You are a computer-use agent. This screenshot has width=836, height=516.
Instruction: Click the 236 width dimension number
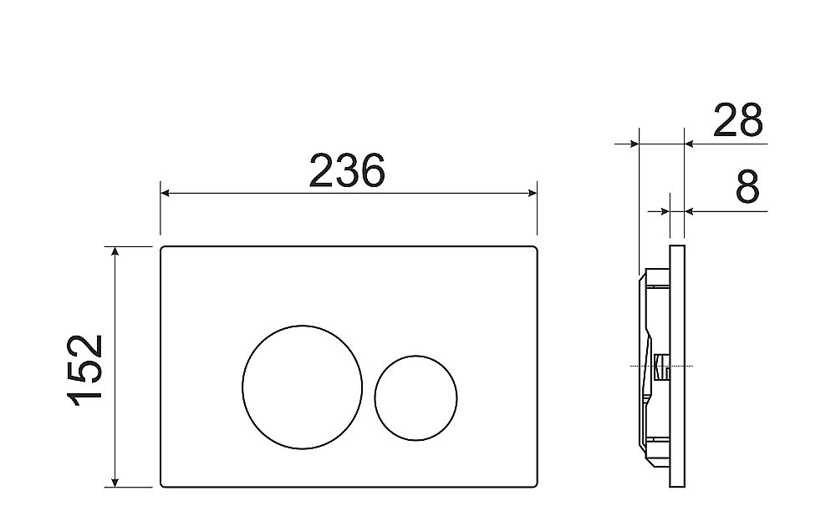(347, 171)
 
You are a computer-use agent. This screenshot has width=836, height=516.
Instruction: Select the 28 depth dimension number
(738, 122)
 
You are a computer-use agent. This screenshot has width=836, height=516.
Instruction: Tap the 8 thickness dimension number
(747, 189)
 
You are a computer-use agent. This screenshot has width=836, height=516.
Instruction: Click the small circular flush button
(416, 397)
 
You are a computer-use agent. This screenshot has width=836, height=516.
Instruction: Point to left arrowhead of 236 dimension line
(166, 194)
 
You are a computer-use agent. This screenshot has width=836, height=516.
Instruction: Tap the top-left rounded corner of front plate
(164, 250)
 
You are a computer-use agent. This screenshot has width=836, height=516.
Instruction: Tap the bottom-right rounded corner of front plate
(533, 484)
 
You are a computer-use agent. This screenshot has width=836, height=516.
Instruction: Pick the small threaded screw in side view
(661, 366)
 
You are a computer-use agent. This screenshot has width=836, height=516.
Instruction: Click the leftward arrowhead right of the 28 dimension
(691, 144)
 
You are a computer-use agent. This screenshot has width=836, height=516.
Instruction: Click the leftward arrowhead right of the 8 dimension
(691, 210)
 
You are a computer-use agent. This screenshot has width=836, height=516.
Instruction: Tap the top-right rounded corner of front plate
(533, 250)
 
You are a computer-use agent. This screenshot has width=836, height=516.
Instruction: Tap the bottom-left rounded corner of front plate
(164, 484)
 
